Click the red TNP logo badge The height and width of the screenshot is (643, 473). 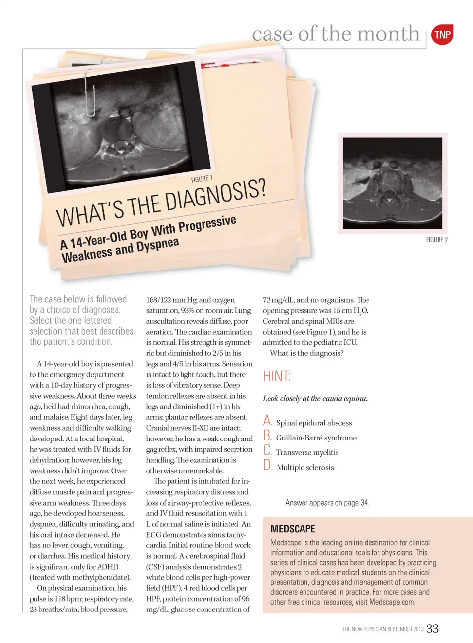pos(442,34)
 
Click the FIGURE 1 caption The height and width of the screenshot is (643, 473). pos(202,179)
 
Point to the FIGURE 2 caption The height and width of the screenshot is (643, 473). pos(437,240)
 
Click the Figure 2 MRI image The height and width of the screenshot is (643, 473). pos(392,182)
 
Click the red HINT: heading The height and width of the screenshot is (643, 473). pos(276,376)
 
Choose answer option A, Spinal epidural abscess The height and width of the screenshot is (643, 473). pos(314,423)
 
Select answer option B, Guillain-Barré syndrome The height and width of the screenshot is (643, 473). pos(316,438)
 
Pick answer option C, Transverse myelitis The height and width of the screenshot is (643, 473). pos(307,452)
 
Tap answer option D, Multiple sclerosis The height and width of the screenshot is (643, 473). pos(305,467)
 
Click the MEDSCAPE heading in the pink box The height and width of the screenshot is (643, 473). pos(293,529)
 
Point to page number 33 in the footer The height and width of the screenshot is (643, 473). pos(432,629)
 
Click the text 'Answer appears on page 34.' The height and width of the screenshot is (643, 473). pos(327,503)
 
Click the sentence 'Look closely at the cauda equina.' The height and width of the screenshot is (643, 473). pos(315,398)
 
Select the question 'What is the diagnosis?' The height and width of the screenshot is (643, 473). pos(307,353)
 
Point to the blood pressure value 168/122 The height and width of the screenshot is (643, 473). pos(159,300)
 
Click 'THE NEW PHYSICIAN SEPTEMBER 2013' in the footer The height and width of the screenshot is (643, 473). pos(383,629)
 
